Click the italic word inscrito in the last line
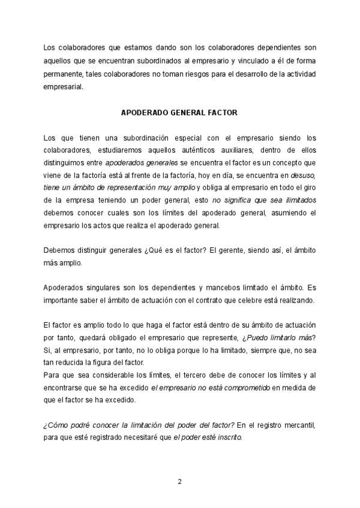click(229, 438)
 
